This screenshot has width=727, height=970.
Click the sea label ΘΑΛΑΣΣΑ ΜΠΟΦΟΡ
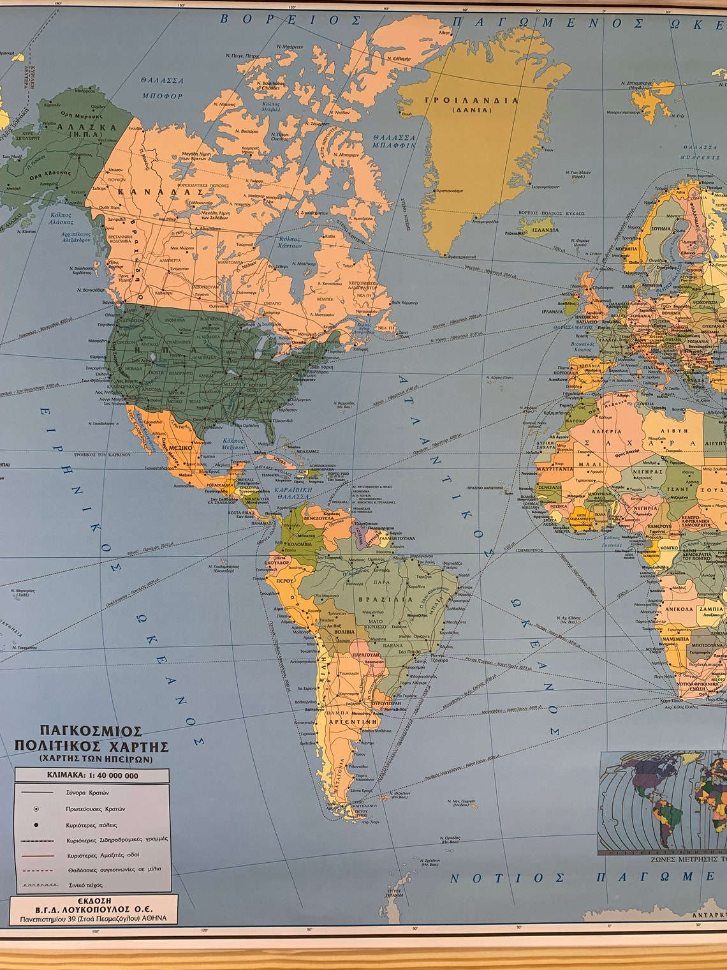(162, 88)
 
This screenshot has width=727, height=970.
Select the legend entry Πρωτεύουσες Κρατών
(96, 809)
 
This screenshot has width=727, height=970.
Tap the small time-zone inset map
(662, 801)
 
